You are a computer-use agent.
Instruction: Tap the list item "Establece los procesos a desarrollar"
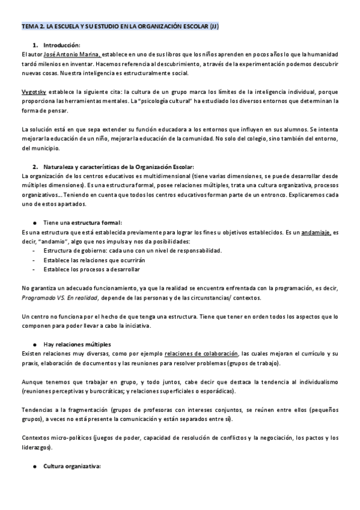click(x=91, y=269)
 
